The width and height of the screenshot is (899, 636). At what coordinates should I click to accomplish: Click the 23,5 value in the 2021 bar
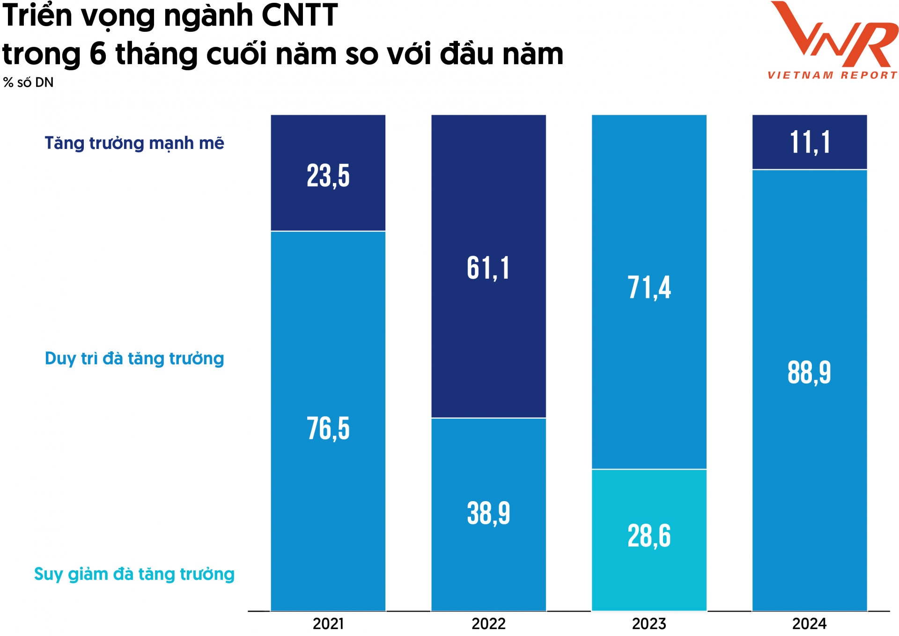click(x=328, y=176)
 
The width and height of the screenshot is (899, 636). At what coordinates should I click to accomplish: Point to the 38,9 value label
click(x=488, y=513)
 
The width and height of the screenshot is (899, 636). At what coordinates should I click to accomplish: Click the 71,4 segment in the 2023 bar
click(x=648, y=287)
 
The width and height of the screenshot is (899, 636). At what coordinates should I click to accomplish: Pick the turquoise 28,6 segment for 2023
click(x=648, y=536)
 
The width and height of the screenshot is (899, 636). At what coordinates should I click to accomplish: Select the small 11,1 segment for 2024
click(x=809, y=142)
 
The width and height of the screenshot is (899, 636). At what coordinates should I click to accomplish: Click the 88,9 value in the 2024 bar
click(x=809, y=373)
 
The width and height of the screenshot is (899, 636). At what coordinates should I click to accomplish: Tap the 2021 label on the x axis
click(x=328, y=624)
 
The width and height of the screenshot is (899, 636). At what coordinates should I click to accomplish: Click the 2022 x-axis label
click(x=488, y=624)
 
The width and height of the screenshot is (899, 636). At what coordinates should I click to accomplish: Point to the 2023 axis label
click(x=648, y=624)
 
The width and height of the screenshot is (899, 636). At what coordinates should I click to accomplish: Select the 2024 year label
click(x=809, y=624)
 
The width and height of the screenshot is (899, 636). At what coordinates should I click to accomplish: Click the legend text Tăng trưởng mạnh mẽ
click(x=134, y=143)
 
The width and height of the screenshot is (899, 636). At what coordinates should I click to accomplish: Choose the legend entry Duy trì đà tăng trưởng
click(x=134, y=359)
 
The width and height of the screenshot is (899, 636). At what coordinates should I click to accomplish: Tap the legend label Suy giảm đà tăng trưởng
click(x=134, y=574)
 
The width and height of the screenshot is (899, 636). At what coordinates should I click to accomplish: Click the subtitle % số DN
click(x=28, y=83)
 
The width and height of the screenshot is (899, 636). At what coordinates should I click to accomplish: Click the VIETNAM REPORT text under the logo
click(x=832, y=75)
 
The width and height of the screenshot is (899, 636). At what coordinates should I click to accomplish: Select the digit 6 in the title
click(x=98, y=53)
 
